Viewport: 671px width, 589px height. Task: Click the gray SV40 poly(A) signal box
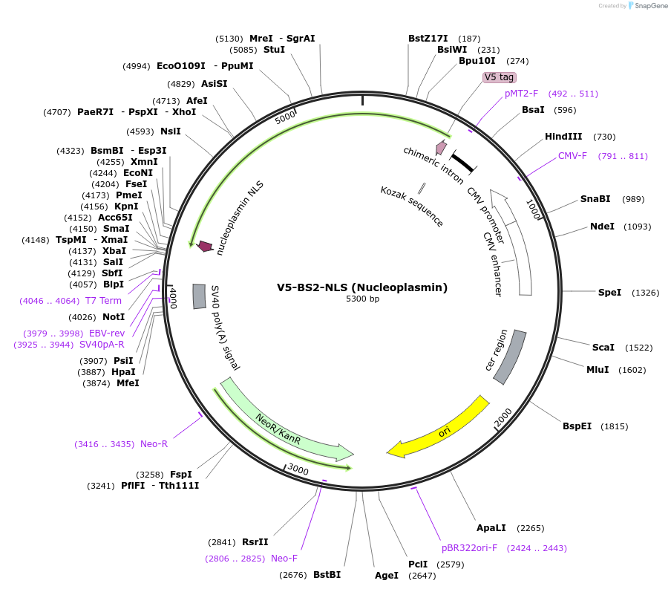pos(199,296)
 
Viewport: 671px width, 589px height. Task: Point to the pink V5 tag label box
pos(499,77)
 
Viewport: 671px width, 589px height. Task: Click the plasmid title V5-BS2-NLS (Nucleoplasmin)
pos(362,287)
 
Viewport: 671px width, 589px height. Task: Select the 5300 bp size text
pos(362,299)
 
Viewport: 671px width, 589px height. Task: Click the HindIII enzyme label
pos(563,137)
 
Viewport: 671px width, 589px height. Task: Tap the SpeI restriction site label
pos(609,293)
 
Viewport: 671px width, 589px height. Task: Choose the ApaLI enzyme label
pos(491,528)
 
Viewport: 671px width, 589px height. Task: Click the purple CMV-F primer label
pos(572,156)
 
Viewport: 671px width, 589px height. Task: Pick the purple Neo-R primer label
pos(154,444)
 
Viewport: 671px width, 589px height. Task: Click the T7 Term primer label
pos(103,301)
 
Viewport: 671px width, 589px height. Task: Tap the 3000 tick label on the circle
pos(298,469)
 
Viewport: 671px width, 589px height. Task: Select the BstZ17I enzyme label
pos(428,39)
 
